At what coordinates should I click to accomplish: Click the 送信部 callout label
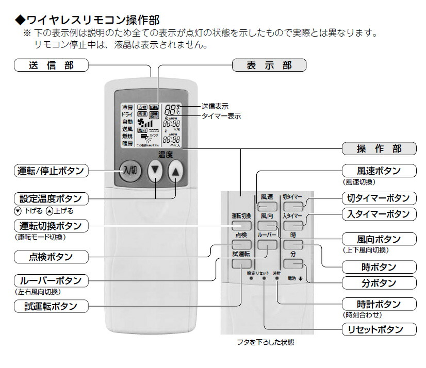(51, 65)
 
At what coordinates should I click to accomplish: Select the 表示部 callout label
(269, 65)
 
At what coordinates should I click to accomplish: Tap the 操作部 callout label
(379, 149)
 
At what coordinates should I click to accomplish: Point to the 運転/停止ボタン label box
(51, 171)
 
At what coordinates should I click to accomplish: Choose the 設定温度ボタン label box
(51, 198)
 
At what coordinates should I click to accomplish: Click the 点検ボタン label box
(51, 256)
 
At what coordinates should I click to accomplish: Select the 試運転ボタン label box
(51, 306)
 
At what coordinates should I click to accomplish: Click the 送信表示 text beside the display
(215, 106)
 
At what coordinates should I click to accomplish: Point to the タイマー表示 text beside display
(221, 116)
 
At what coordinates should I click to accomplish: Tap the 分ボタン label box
(379, 282)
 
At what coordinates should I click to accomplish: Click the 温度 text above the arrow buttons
(165, 154)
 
